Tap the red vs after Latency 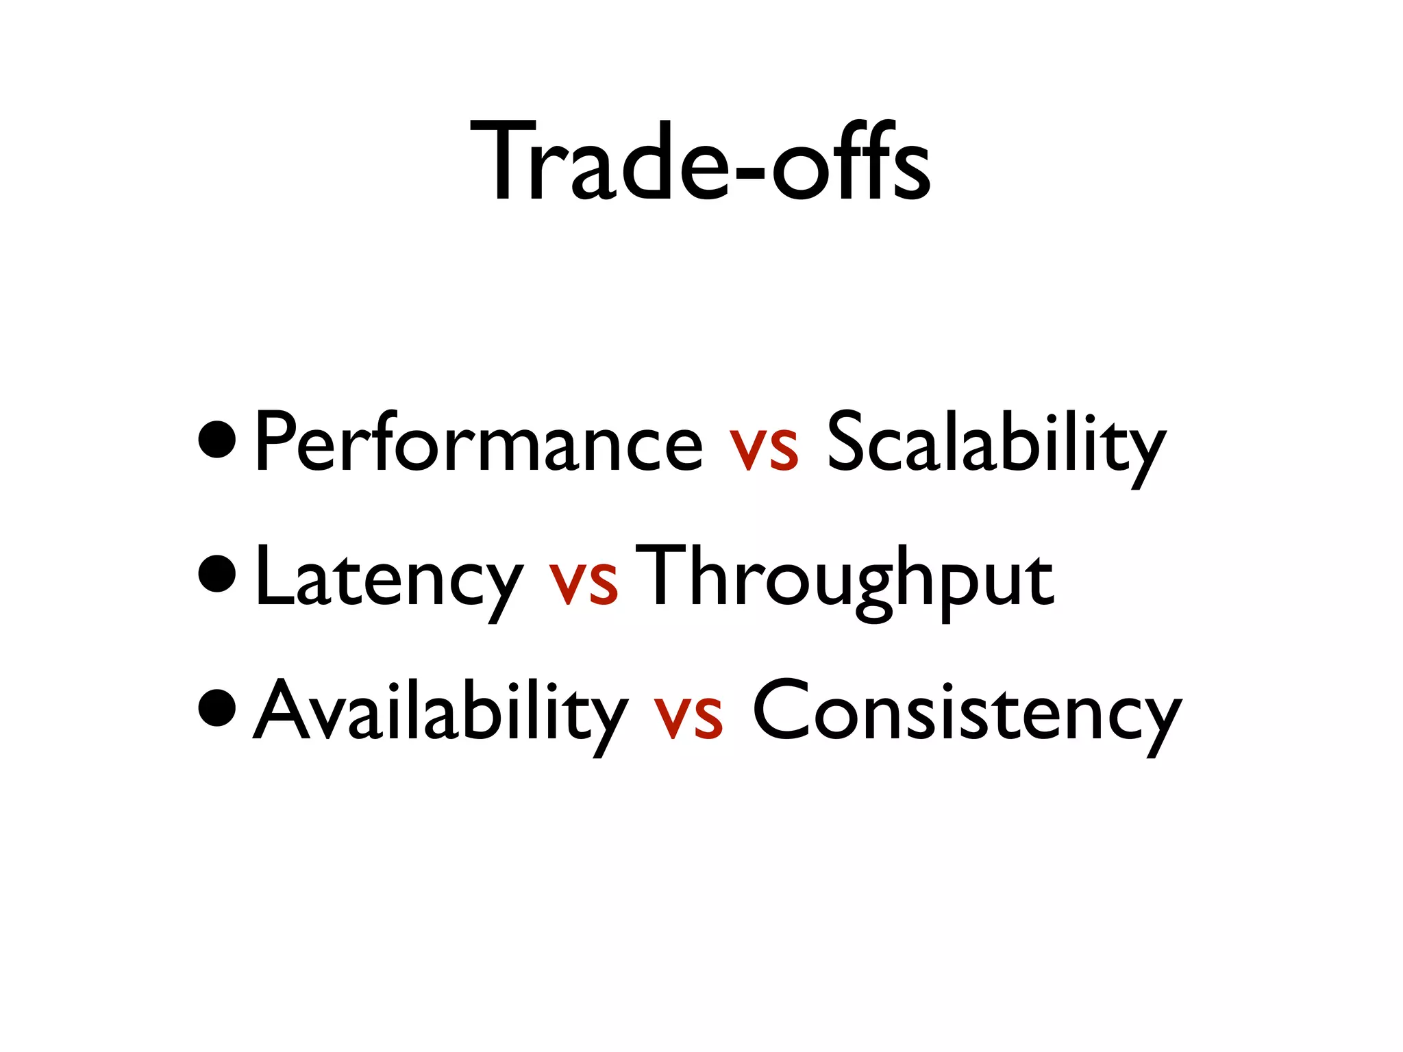click(x=583, y=583)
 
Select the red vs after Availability click(x=688, y=718)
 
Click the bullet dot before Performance click(x=217, y=441)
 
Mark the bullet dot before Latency click(x=217, y=575)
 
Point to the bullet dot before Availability click(x=217, y=710)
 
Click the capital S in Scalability click(x=847, y=442)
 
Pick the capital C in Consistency click(x=779, y=710)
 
